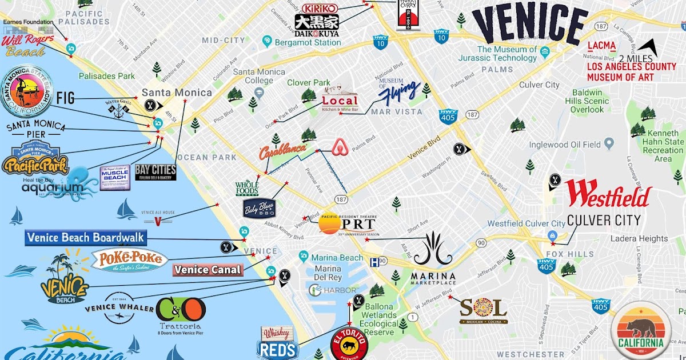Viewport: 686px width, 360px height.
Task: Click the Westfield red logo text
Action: (x=608, y=195)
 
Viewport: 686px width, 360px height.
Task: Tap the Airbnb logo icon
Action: (x=341, y=149)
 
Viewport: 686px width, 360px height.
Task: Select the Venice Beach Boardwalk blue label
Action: (x=86, y=238)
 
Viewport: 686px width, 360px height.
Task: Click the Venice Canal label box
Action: (x=208, y=270)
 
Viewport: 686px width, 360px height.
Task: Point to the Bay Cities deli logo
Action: (x=155, y=173)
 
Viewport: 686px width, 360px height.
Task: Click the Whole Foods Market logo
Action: (x=247, y=189)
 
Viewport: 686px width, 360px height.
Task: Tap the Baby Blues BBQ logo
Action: (x=260, y=208)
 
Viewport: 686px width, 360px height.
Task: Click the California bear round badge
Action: (x=640, y=331)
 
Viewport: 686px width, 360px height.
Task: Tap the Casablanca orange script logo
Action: (x=282, y=152)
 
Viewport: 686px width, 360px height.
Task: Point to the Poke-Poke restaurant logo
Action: (x=130, y=261)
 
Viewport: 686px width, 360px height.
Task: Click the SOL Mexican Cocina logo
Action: (x=483, y=310)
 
